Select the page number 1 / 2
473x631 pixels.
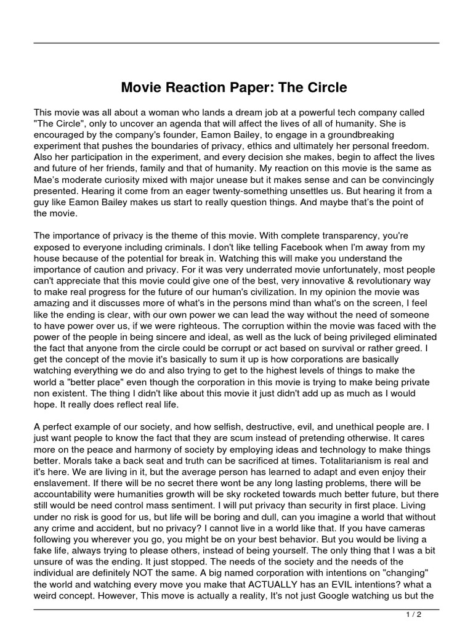[x=413, y=614]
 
